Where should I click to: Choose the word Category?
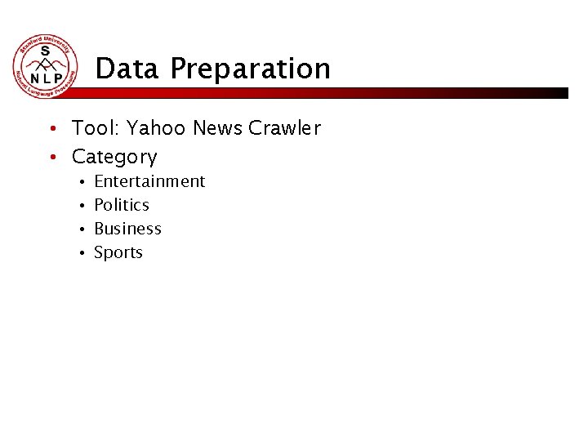coord(114,157)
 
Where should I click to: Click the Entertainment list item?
coord(149,181)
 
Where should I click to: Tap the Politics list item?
coord(122,205)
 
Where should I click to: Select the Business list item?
coord(127,229)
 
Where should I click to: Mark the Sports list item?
coord(118,253)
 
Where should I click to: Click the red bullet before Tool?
coord(51,129)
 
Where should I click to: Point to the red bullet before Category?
coord(51,157)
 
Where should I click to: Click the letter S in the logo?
coord(46,51)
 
